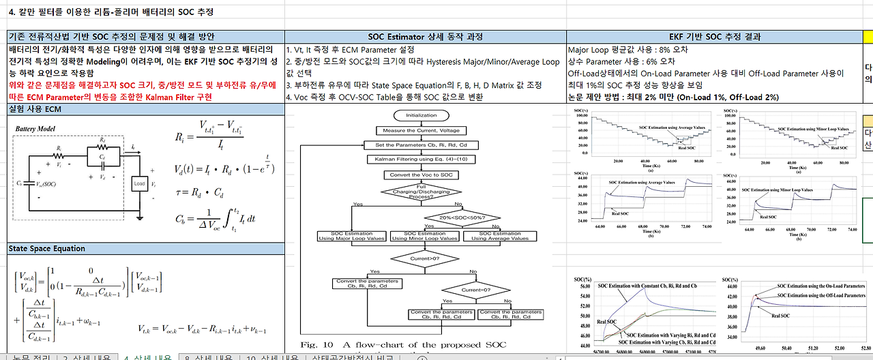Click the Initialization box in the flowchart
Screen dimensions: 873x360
coord(421,115)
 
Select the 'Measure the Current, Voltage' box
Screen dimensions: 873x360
coord(421,130)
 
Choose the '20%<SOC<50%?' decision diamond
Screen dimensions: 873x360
coord(462,217)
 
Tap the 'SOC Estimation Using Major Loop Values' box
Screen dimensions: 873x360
coord(353,236)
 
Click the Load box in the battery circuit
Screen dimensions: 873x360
coord(139,183)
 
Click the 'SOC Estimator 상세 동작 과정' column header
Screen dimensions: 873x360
coord(425,37)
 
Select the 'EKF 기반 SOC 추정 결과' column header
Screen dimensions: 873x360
coord(715,37)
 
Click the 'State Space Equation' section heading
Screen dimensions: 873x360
coord(47,249)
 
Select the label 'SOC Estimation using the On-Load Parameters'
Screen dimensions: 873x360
coord(821,286)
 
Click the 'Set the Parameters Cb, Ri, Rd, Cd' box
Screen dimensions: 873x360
coord(421,145)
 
